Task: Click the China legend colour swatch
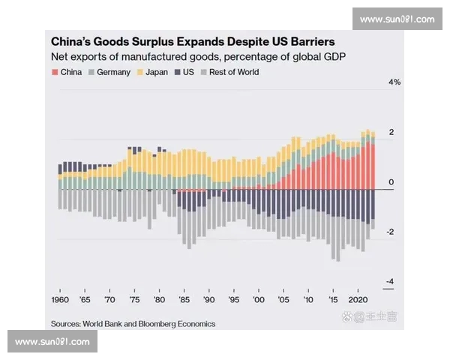tap(55, 73)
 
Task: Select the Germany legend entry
tap(112, 73)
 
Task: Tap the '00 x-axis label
tap(259, 299)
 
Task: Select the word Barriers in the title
tap(306, 42)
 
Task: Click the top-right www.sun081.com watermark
tap(397, 19)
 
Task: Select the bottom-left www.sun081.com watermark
tap(52, 341)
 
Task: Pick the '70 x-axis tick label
tap(109, 299)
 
